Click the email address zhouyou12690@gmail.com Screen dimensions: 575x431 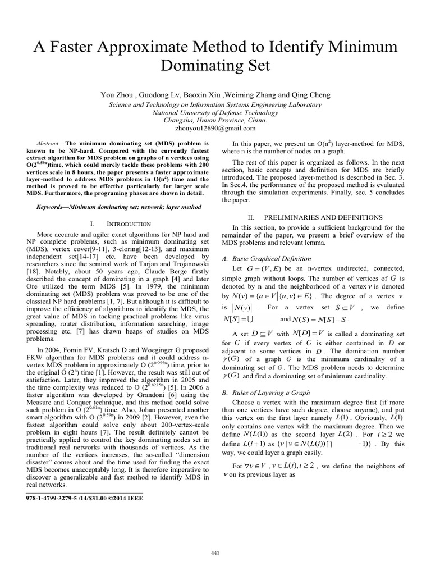coord(215,129)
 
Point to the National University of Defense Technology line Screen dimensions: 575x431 coord(215,112)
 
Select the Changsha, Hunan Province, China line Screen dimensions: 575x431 coord(215,120)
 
